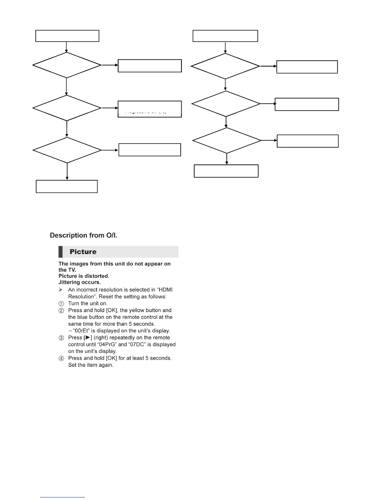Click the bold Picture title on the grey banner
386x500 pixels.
click(x=83, y=252)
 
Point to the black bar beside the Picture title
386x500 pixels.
click(x=60, y=252)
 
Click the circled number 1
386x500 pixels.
click(x=61, y=304)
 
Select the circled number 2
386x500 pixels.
click(x=61, y=311)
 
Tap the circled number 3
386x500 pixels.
click(x=61, y=338)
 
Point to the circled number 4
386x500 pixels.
click(x=61, y=359)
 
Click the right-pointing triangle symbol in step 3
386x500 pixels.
click(x=88, y=338)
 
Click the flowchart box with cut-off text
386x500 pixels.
click(x=149, y=109)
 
